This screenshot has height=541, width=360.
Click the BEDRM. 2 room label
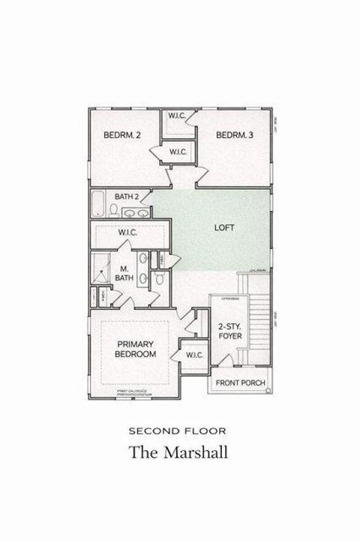click(x=122, y=135)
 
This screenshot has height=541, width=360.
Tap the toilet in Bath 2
click(x=114, y=210)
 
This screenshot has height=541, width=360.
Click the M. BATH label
click(x=124, y=273)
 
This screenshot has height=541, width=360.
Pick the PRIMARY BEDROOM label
click(x=136, y=349)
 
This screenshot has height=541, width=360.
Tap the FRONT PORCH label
click(x=240, y=383)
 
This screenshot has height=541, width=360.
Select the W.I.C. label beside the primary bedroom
click(x=194, y=354)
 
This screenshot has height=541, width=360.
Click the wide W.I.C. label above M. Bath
click(x=128, y=233)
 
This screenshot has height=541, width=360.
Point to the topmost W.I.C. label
click(x=178, y=116)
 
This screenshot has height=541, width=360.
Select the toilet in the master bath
click(x=160, y=279)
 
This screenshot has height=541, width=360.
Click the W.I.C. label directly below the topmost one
click(x=178, y=152)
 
